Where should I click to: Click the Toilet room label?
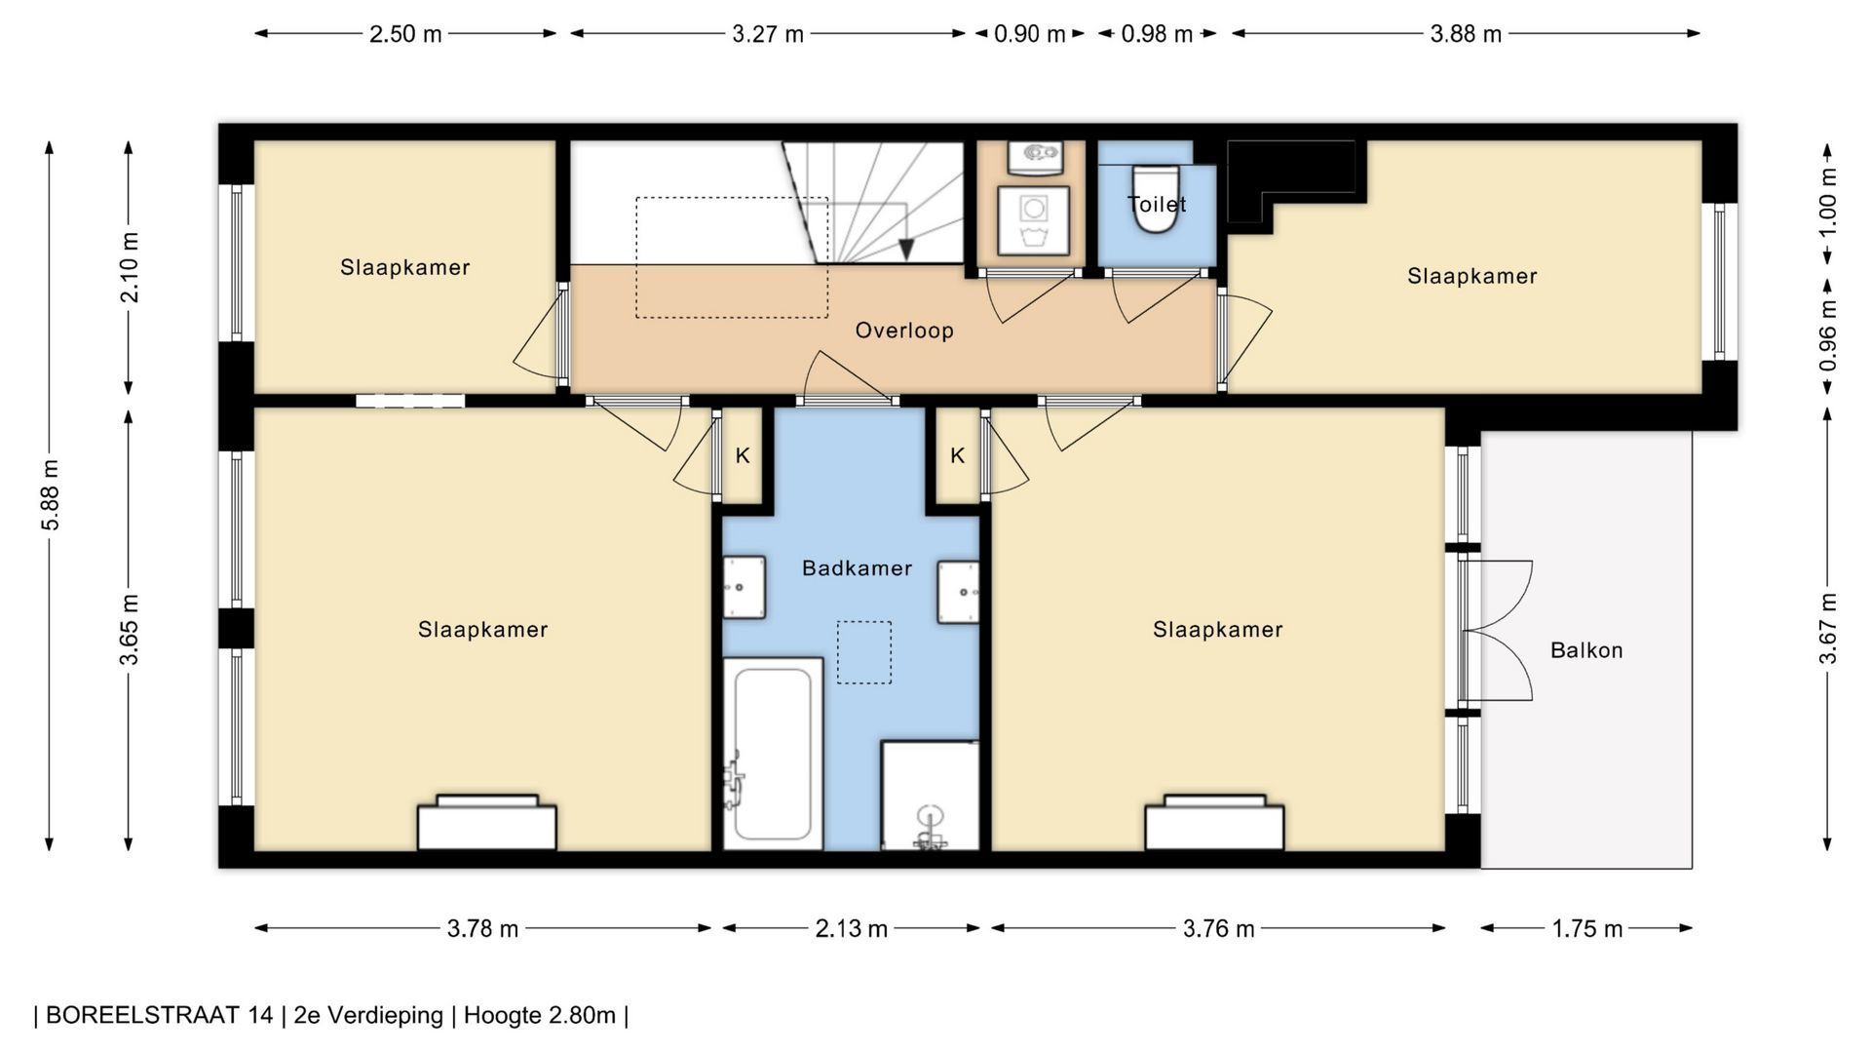[1157, 205]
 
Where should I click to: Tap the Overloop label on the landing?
[904, 331]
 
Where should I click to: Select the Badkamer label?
[857, 568]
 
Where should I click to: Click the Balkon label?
[1586, 650]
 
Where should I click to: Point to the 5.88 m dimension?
[51, 495]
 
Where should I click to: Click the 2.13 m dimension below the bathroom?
[851, 928]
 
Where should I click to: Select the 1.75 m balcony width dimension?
[1586, 928]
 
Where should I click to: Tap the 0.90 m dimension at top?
[1030, 34]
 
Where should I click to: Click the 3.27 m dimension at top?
[768, 34]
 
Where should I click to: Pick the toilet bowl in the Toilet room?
[1156, 200]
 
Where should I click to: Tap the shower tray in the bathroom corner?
[930, 796]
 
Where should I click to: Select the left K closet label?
[743, 455]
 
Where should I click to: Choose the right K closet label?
[958, 455]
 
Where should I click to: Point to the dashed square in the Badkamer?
[864, 652]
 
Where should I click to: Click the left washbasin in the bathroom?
[744, 588]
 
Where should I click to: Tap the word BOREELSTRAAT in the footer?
[159, 1015]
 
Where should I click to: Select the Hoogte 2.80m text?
[539, 1015]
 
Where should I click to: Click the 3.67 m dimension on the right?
[1828, 629]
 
